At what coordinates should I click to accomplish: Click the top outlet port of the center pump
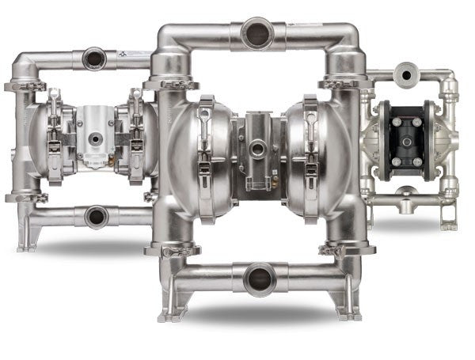[x=257, y=34]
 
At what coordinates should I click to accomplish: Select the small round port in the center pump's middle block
[x=257, y=148]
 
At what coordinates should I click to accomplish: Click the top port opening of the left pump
[x=94, y=58]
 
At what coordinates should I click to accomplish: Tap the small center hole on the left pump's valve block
[x=95, y=138]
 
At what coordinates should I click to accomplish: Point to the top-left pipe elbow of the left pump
[x=24, y=63]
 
